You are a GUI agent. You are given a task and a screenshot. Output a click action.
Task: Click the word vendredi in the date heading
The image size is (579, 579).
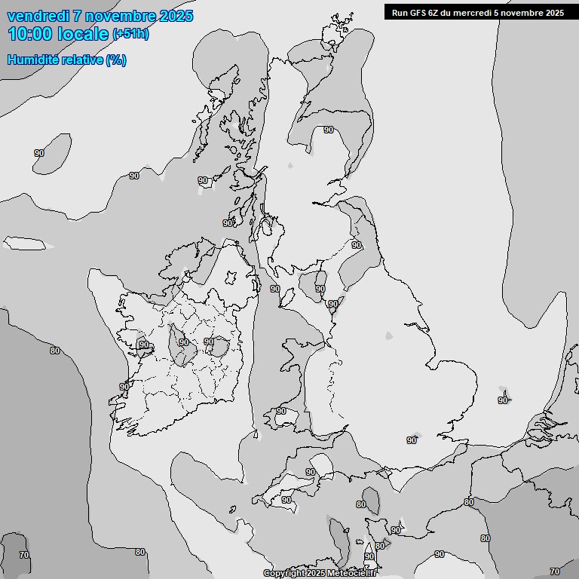38,16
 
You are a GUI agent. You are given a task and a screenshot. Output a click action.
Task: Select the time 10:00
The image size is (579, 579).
31,33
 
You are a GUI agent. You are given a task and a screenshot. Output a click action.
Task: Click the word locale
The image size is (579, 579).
84,33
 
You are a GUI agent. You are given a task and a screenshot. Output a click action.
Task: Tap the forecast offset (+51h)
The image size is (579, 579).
131,34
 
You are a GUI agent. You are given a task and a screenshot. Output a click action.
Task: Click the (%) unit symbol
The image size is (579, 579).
116,60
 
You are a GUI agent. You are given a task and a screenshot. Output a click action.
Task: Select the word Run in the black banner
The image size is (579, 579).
400,12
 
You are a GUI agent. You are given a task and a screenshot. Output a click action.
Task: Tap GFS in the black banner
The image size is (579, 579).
420,12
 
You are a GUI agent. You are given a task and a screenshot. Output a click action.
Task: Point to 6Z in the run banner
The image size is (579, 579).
437,12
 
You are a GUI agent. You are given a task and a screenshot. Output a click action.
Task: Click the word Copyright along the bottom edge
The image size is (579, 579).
283,574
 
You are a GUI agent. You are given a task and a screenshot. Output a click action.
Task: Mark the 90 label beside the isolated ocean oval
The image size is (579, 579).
39,153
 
